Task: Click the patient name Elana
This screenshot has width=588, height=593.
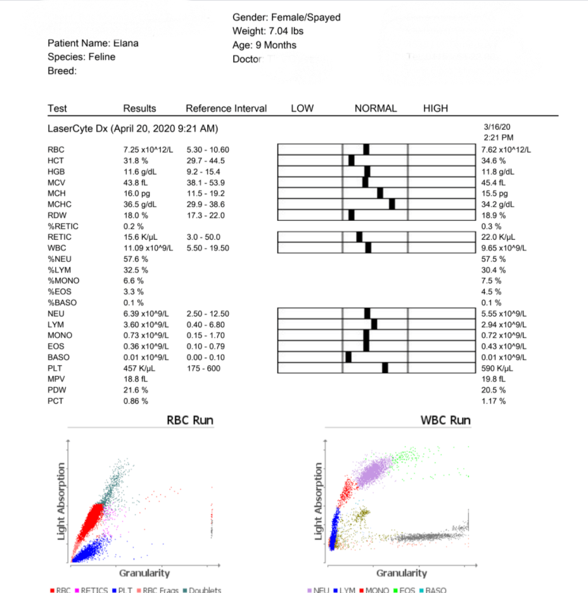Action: (126, 43)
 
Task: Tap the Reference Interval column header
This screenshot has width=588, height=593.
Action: (226, 108)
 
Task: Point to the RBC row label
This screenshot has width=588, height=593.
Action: (56, 150)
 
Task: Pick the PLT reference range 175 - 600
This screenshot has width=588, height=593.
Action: (203, 368)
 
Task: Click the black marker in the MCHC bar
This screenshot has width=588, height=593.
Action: (392, 204)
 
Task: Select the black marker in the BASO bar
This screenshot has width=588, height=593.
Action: (348, 358)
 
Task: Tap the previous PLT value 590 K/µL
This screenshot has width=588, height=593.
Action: (497, 368)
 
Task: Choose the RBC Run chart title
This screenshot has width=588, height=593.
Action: (190, 420)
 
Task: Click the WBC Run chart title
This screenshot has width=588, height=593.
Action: (445, 420)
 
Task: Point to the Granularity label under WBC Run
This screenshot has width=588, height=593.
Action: (402, 573)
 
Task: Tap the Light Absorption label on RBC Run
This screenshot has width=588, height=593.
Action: (61, 501)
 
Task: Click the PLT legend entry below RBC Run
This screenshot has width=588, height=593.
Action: (122, 590)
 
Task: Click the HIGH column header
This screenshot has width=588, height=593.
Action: (435, 108)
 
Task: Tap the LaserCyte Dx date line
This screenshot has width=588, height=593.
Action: (132, 128)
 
